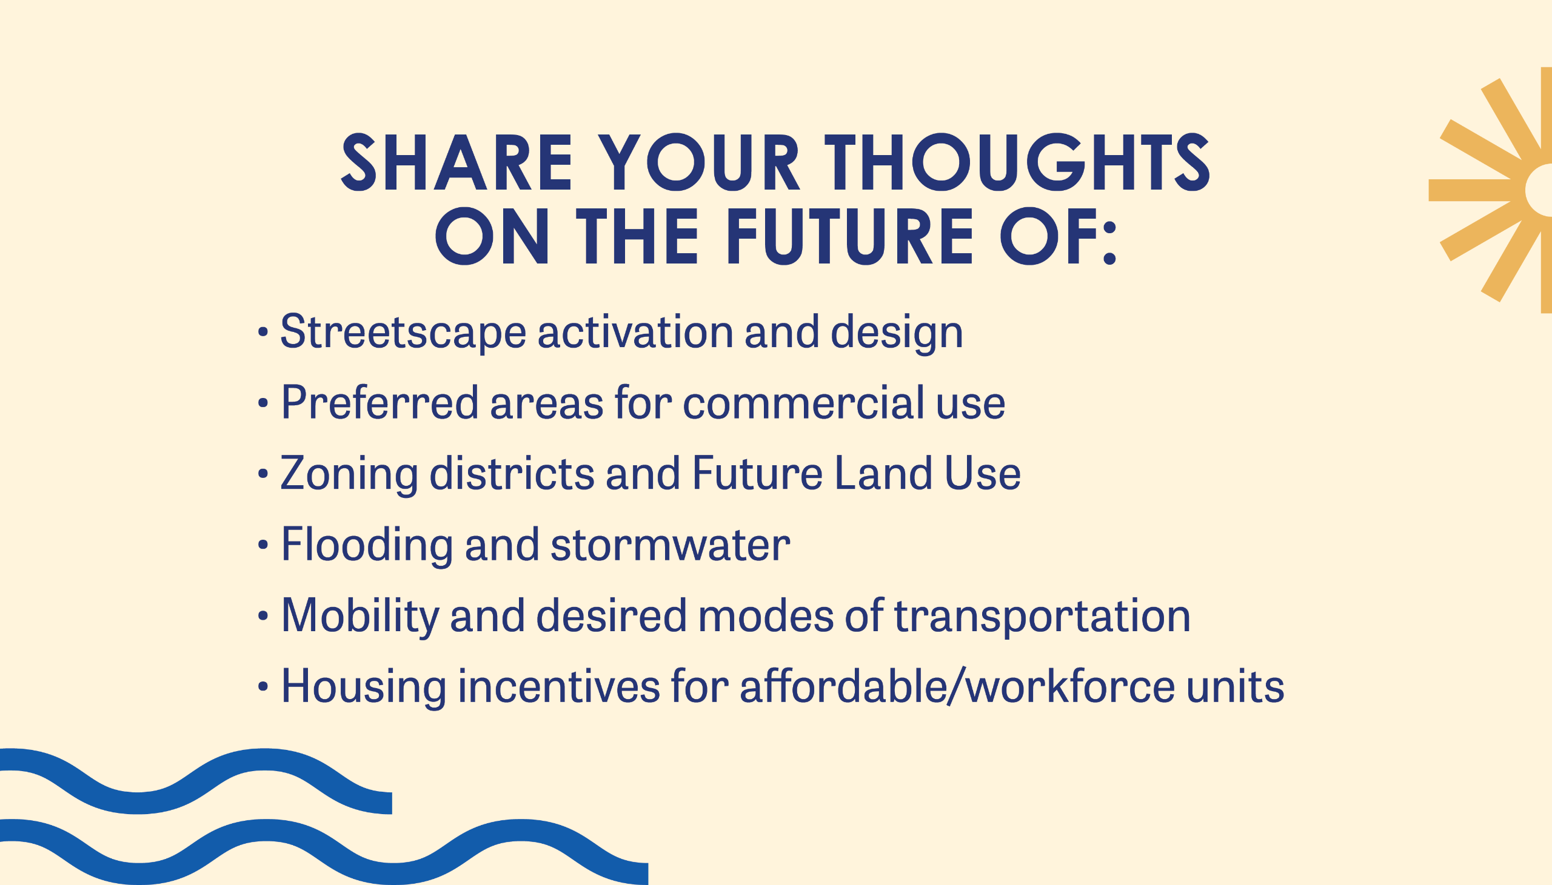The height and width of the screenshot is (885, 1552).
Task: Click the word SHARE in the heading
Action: click(457, 163)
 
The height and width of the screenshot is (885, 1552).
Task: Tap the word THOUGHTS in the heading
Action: click(1016, 163)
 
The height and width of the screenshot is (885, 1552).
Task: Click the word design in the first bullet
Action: click(897, 333)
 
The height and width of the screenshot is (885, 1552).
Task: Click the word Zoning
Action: click(349, 474)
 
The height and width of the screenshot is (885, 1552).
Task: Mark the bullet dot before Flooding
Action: click(263, 545)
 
